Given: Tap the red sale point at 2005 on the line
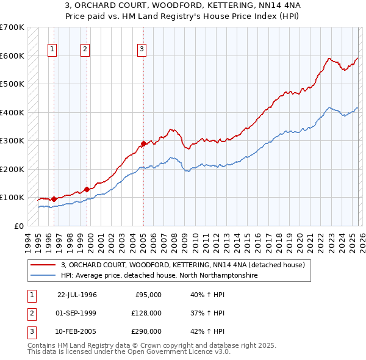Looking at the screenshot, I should point(143,144).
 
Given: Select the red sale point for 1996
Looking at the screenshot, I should point(54,199).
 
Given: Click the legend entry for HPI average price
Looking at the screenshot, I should point(159,276).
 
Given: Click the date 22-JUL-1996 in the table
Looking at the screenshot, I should point(77,294).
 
